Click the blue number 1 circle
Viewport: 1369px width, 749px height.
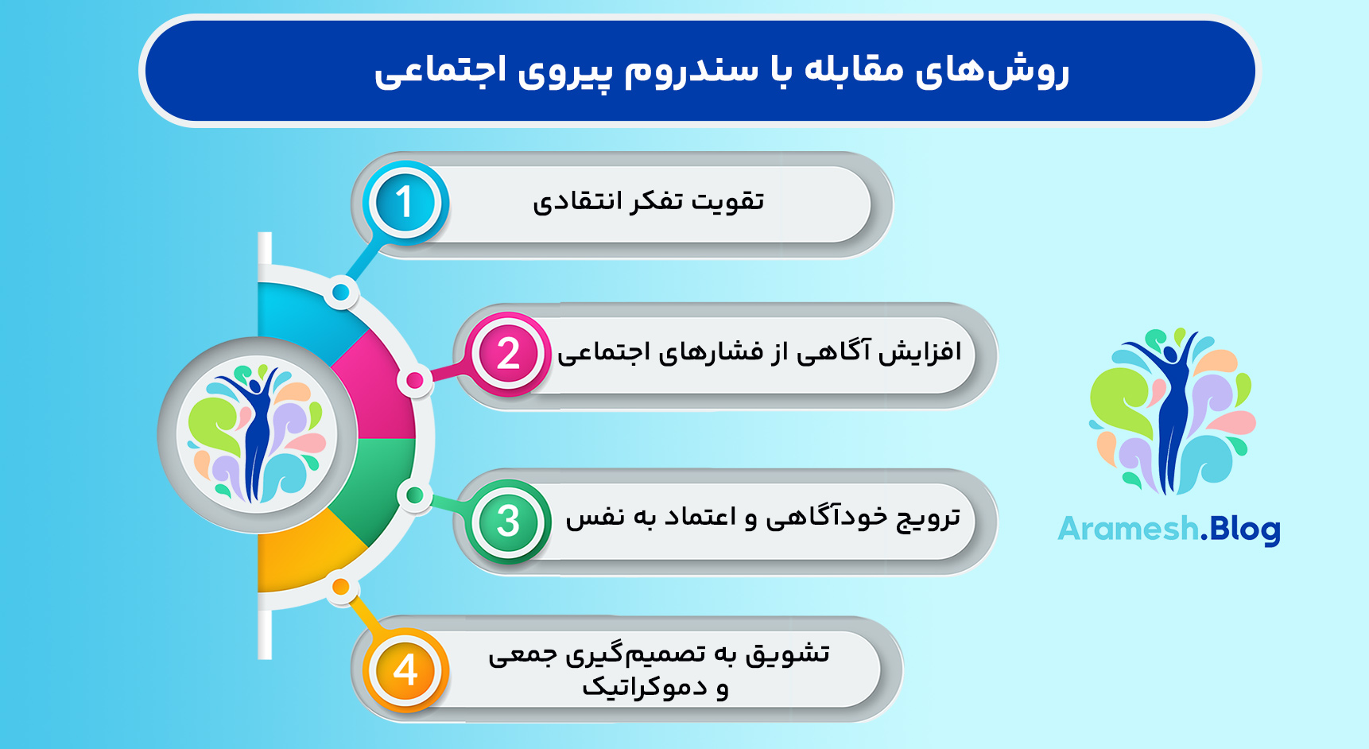[405, 202]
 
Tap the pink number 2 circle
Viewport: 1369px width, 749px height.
[508, 354]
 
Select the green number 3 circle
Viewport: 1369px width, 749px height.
[508, 521]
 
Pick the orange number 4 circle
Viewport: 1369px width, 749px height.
[405, 669]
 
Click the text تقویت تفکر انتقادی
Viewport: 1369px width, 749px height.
[648, 202]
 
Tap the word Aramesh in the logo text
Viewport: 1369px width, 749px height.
[1128, 529]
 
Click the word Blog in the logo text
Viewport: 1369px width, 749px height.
[1244, 530]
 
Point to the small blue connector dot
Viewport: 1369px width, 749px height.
[341, 293]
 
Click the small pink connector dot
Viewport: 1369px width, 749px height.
[414, 381]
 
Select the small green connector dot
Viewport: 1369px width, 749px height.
[413, 495]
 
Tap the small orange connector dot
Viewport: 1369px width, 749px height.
[340, 588]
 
